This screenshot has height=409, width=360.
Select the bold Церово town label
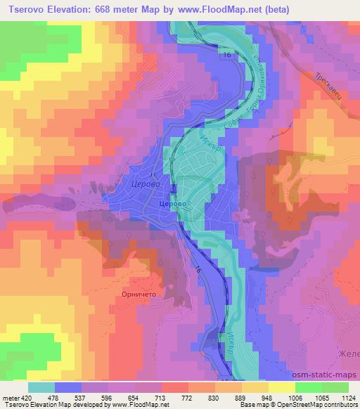(x=171, y=202)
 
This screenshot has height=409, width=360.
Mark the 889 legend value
(x=240, y=398)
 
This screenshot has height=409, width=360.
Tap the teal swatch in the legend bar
(x=41, y=387)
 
